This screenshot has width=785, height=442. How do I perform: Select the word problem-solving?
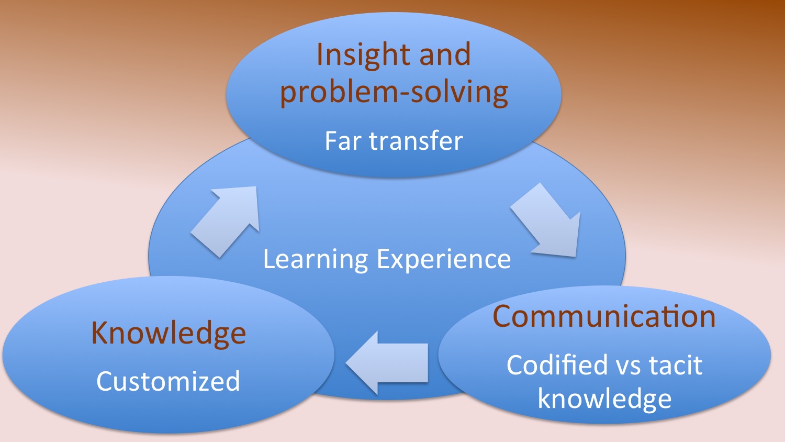394,92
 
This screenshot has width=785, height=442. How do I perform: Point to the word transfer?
416,140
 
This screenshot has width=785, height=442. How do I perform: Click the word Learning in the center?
316,260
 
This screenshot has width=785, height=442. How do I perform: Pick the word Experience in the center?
444,260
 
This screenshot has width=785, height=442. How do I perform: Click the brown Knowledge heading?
169,333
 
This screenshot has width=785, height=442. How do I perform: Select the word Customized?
168,381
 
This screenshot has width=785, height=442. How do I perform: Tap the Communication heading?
604,316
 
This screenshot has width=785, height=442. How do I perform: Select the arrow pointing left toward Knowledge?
387,363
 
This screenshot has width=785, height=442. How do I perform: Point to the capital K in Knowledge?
101,333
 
